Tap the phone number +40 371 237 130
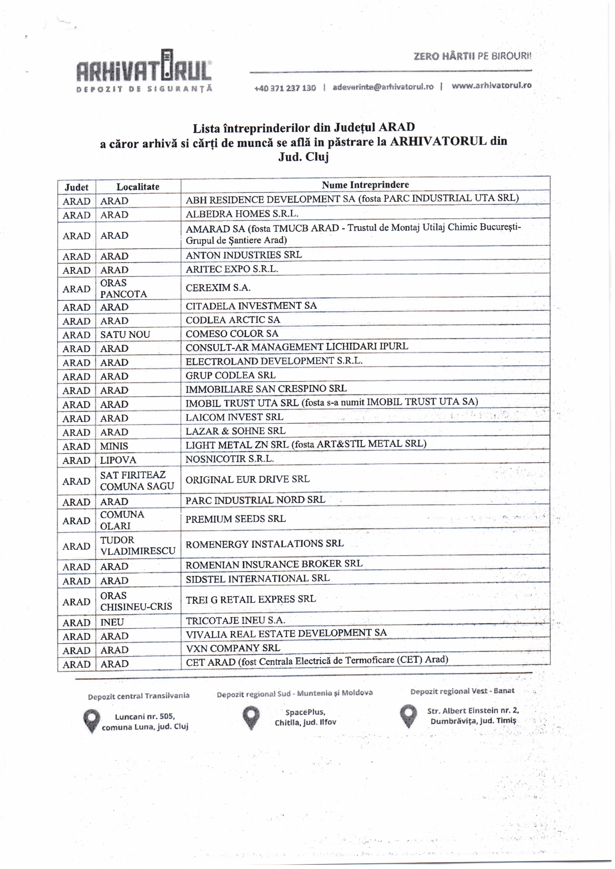click(285, 88)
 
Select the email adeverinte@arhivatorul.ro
click(383, 87)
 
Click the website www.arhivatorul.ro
click(492, 85)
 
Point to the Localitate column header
click(138, 187)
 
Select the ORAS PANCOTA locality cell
click(123, 288)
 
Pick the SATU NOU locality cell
click(125, 335)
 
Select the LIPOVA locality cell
click(118, 460)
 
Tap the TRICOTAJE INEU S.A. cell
click(235, 620)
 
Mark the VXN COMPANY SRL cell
click(233, 648)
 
